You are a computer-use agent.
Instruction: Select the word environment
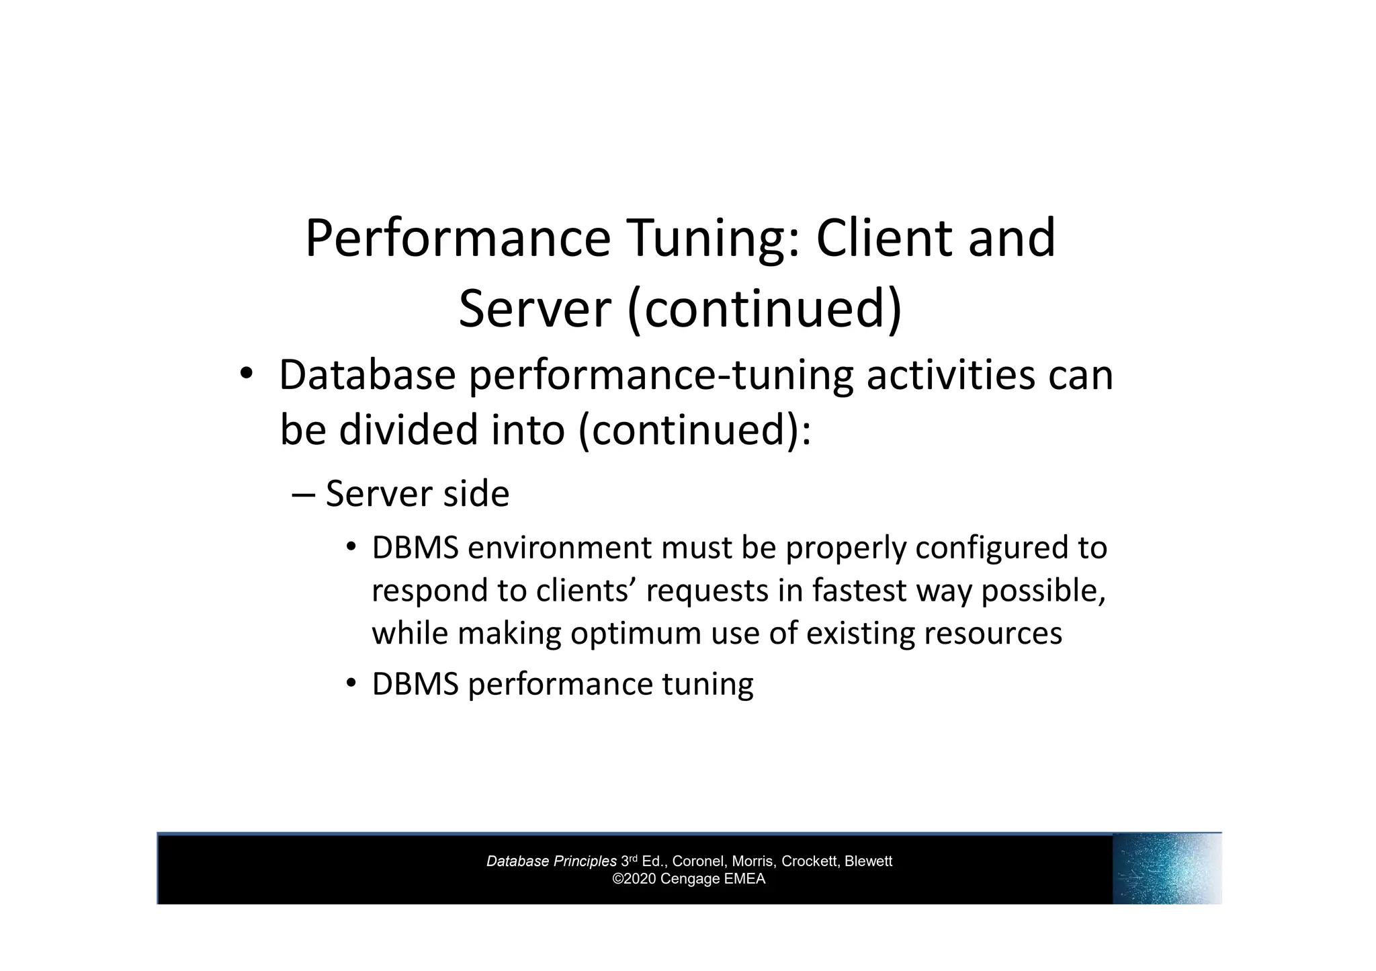(x=560, y=548)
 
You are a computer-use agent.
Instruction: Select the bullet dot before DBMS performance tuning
(x=351, y=683)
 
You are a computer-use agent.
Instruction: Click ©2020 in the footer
(x=634, y=879)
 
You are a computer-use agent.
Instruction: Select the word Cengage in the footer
(x=689, y=879)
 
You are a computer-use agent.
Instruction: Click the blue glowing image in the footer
(x=1166, y=869)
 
